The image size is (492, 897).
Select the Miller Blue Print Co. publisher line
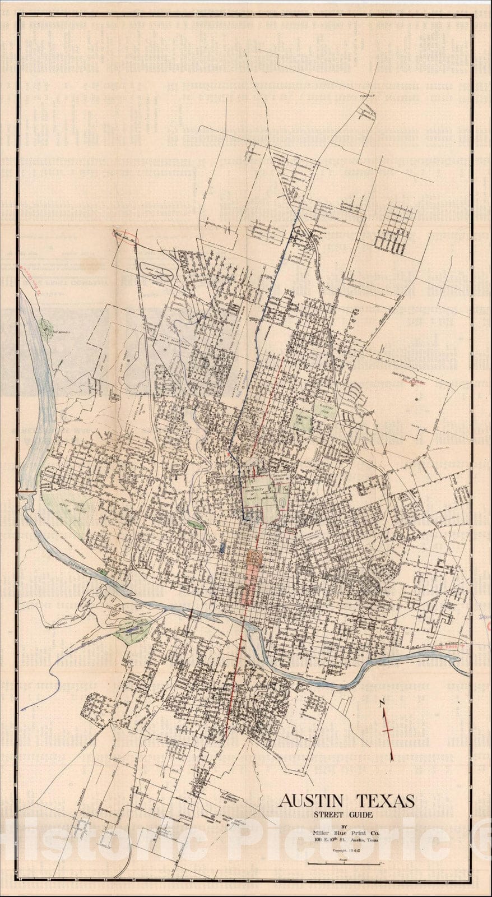(346, 833)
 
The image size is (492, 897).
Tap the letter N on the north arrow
(382, 702)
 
